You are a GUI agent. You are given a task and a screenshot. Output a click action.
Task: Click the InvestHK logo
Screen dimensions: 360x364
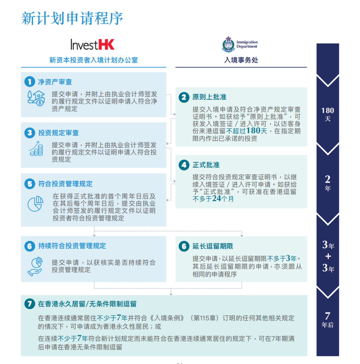[x=92, y=45]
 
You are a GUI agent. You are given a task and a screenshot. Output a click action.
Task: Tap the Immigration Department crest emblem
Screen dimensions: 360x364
[x=228, y=44]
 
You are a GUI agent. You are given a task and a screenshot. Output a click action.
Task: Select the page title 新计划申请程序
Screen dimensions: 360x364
[x=72, y=18]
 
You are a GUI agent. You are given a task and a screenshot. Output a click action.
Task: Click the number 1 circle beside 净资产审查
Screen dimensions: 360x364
[x=30, y=82]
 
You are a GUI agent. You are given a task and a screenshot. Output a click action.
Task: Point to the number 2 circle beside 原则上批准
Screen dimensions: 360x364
[x=184, y=97]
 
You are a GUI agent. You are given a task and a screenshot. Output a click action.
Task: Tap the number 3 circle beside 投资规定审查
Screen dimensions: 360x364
[x=30, y=133]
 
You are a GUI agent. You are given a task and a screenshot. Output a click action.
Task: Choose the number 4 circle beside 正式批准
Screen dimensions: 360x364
[x=184, y=165]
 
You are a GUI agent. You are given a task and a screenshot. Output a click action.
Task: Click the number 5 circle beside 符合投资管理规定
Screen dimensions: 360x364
[x=30, y=184]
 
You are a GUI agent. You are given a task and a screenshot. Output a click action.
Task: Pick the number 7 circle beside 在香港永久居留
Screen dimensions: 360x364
[x=30, y=304]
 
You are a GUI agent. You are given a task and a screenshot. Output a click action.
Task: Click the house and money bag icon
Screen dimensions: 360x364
[x=36, y=98]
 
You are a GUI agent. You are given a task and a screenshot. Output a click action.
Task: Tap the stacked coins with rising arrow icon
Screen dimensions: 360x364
[x=36, y=149]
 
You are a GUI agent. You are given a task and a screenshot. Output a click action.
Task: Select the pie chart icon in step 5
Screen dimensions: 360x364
[x=35, y=203]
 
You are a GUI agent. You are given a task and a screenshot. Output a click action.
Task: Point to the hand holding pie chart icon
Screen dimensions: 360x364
[x=35, y=267]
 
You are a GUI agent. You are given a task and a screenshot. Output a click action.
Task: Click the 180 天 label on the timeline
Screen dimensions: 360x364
[x=328, y=114]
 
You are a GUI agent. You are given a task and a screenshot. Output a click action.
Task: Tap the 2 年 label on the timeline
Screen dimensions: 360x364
[x=328, y=183]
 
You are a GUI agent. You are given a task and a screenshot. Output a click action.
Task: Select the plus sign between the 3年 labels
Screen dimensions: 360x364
[x=328, y=256]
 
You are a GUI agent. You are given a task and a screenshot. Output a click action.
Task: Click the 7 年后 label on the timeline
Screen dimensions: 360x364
[x=328, y=320]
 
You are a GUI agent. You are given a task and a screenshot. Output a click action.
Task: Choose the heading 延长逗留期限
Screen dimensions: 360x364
[x=213, y=246]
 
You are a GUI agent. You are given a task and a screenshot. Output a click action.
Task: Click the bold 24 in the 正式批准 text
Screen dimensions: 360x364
[x=217, y=198]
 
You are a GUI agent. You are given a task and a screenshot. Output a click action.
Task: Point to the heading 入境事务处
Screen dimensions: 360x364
[x=241, y=60]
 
